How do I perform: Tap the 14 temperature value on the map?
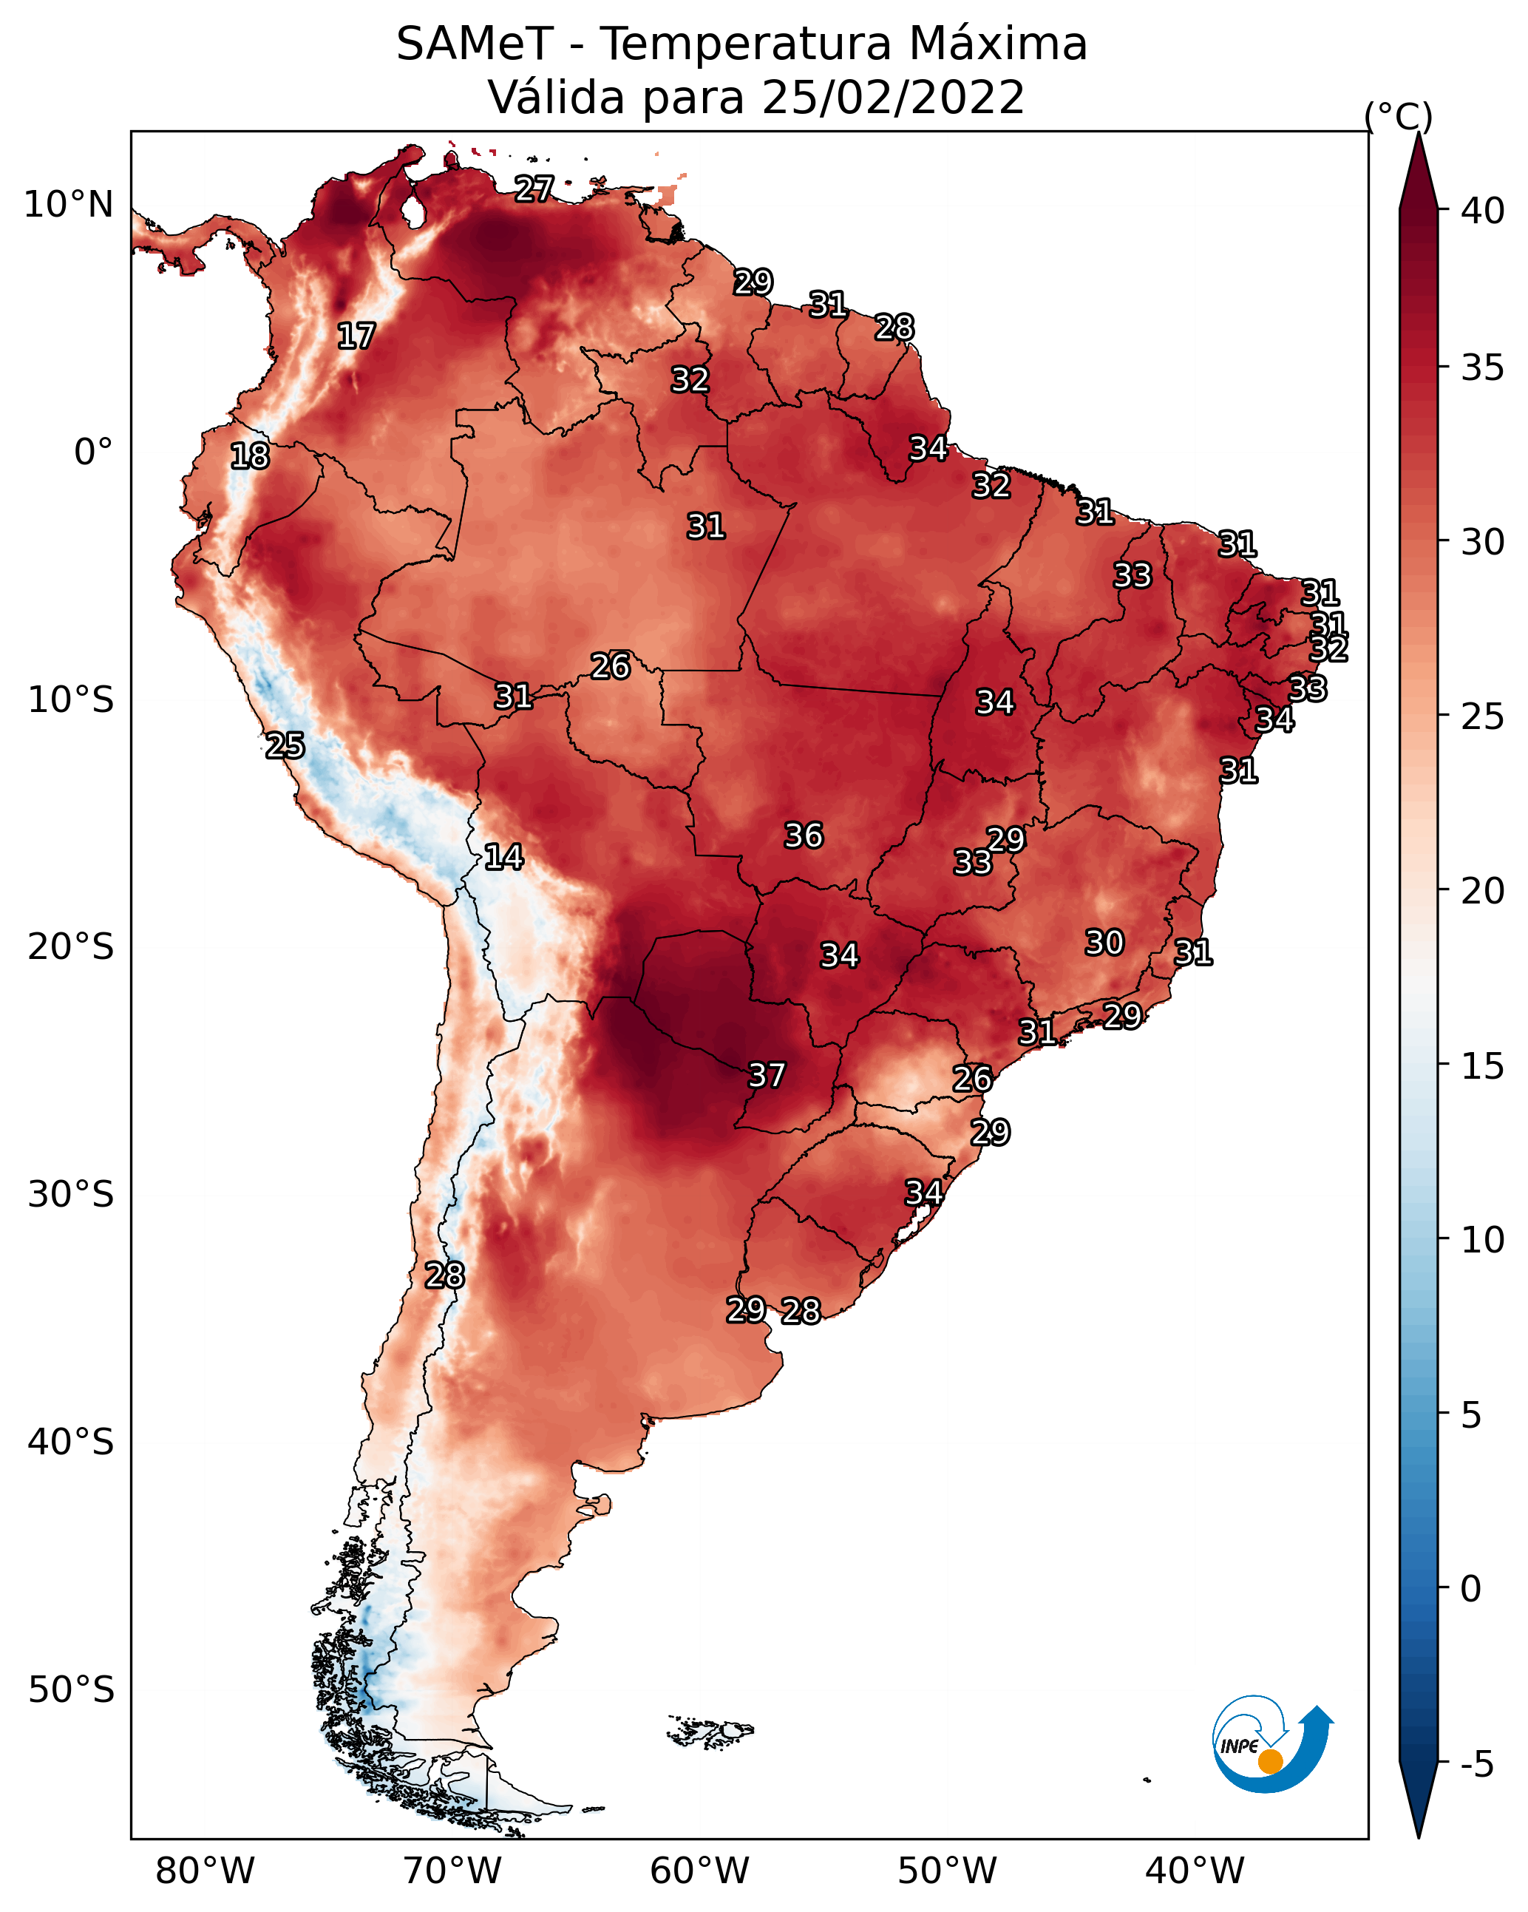(x=503, y=857)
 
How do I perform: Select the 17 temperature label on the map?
(x=356, y=336)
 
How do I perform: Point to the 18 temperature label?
(x=250, y=456)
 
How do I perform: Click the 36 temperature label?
(x=804, y=835)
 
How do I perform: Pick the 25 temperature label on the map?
(x=285, y=746)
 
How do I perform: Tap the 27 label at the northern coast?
(x=534, y=189)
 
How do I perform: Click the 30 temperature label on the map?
(x=1105, y=943)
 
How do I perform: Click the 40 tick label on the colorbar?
(x=1483, y=211)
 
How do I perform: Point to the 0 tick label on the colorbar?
(x=1471, y=1589)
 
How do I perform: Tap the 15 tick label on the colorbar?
(x=1483, y=1066)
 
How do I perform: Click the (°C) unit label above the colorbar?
(x=1399, y=116)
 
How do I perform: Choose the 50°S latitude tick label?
(x=71, y=1690)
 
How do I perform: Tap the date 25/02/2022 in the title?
(x=893, y=98)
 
